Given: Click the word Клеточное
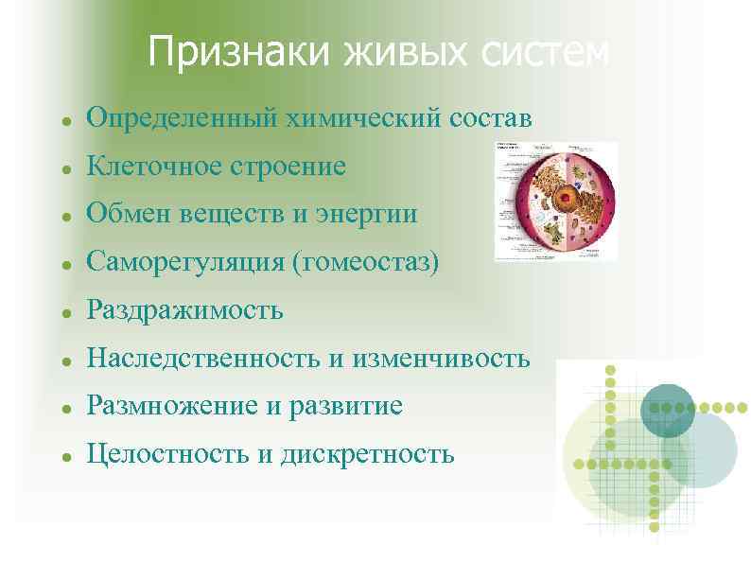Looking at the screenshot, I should [x=151, y=167].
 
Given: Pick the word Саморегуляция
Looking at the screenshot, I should [x=184, y=262].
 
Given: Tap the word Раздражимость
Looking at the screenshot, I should [x=184, y=310].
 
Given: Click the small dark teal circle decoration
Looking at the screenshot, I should [x=668, y=411].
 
